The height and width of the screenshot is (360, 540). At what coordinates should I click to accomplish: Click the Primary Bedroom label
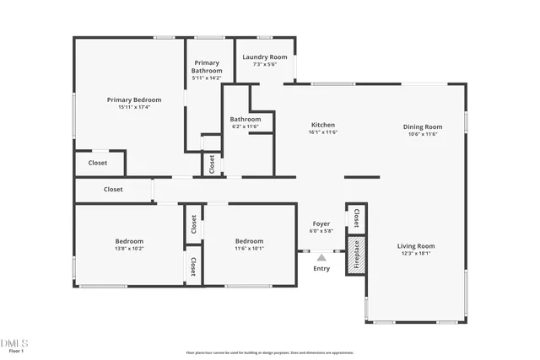[129, 99]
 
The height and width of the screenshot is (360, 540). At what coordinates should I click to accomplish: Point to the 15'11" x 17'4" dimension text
[129, 107]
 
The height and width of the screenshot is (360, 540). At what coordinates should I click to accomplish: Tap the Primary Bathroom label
[207, 67]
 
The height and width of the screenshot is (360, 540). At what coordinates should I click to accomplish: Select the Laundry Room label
[265, 57]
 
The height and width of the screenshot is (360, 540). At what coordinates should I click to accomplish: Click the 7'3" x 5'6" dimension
[265, 64]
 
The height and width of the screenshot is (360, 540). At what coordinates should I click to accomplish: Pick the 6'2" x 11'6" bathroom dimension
[246, 126]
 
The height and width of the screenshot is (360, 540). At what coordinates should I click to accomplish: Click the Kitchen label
[323, 124]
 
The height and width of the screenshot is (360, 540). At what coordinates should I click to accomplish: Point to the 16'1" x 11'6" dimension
[323, 132]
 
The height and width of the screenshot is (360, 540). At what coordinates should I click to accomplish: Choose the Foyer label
[321, 223]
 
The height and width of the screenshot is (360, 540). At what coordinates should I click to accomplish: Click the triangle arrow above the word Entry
[321, 258]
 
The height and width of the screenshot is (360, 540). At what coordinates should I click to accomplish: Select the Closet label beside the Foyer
[356, 218]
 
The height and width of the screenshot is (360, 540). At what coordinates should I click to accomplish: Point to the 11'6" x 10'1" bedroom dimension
[250, 248]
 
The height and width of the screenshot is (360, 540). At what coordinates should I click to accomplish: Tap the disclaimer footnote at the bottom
[269, 353]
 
